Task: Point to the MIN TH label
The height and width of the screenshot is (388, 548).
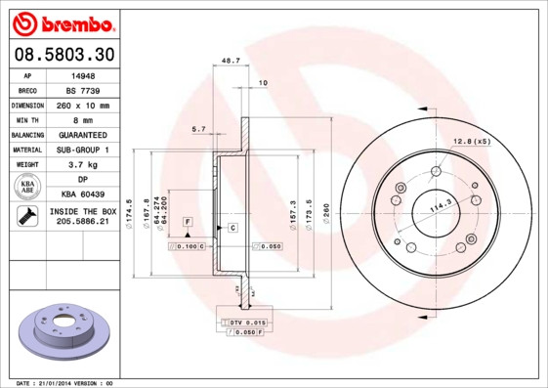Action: [x=26, y=119]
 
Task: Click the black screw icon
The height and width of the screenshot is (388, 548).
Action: [x=26, y=217]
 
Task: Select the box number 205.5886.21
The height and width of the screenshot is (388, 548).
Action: [x=82, y=224]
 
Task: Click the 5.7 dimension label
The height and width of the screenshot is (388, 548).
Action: [x=198, y=129]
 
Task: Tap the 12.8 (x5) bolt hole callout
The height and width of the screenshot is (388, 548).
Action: [x=470, y=143]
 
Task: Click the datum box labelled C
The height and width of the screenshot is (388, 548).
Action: [x=232, y=228]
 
